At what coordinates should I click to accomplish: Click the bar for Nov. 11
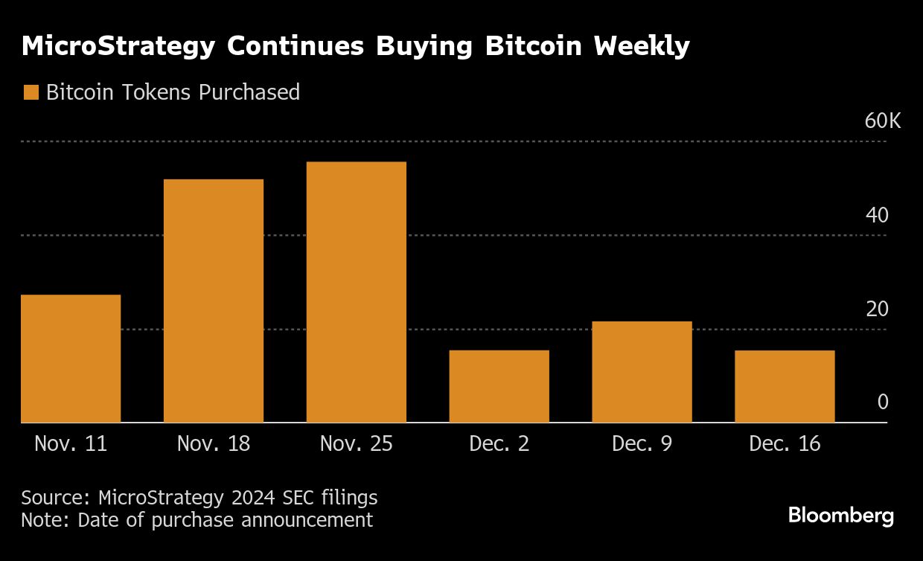[x=71, y=359]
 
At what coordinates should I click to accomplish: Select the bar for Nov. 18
[x=214, y=301]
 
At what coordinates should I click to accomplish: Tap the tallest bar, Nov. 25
[x=357, y=292]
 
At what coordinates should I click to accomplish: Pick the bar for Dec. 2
[x=499, y=386]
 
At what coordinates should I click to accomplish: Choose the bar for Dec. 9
[x=642, y=372]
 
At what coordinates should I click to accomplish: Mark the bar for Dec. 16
[x=785, y=386]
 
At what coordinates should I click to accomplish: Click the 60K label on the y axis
[x=882, y=121]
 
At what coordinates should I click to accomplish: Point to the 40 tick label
[x=877, y=215]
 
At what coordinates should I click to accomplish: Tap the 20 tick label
[x=877, y=309]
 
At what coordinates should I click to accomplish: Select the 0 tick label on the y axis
[x=883, y=403]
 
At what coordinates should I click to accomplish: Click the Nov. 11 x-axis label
[x=71, y=444]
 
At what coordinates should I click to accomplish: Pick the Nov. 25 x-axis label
[x=357, y=444]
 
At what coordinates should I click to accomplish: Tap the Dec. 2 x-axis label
[x=499, y=444]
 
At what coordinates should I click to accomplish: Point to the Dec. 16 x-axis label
[x=785, y=444]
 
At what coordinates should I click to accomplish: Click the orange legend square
[x=31, y=92]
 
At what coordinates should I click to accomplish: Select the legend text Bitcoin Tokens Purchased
[x=173, y=92]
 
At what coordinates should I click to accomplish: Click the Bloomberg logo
[x=840, y=516]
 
